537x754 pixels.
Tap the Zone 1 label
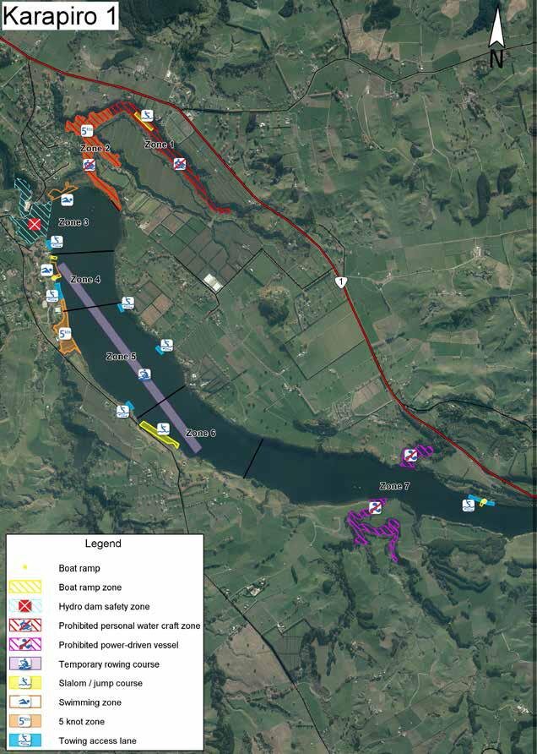(159, 145)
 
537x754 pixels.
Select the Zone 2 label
(96, 149)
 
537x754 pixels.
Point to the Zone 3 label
(73, 222)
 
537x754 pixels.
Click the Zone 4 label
(85, 280)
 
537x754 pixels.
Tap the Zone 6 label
(201, 433)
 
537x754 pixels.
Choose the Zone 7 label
(394, 486)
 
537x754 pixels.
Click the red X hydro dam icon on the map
(35, 224)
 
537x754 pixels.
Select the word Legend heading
(103, 544)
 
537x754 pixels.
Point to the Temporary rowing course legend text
(109, 664)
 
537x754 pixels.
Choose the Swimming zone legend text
(89, 702)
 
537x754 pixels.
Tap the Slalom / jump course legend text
(100, 683)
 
